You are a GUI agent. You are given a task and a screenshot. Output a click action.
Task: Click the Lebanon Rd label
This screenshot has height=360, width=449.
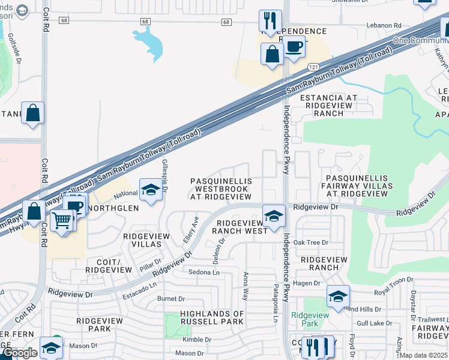(x=384, y=26)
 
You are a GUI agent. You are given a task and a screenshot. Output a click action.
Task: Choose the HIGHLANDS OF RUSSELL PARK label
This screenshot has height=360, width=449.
(x=205, y=317)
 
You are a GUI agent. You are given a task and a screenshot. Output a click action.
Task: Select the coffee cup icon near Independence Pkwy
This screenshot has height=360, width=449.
(x=294, y=46)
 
